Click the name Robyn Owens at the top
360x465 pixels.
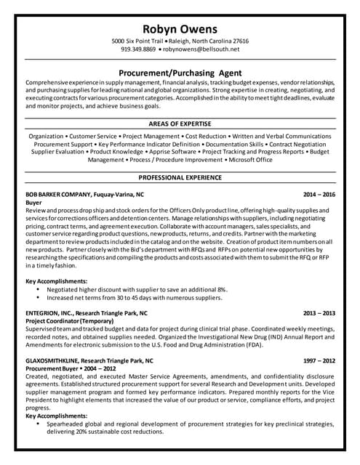[x=179, y=28]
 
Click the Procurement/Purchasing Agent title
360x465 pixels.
[x=180, y=73]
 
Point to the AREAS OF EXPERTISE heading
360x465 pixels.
[x=179, y=123]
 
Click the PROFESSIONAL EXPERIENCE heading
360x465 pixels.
[x=179, y=177]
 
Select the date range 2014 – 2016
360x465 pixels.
[x=319, y=195]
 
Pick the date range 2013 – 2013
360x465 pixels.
[x=319, y=313]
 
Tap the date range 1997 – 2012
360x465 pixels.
[x=319, y=360]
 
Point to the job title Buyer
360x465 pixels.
[x=34, y=203]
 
